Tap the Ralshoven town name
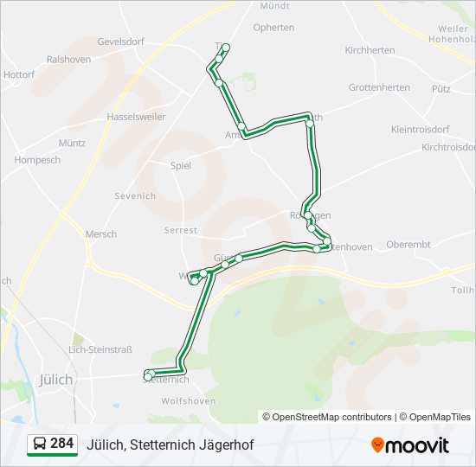point(68,60)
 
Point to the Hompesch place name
point(38,160)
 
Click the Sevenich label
point(135,196)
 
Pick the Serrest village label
point(181,230)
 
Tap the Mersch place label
point(100,234)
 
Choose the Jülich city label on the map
point(56,379)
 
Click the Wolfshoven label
point(188,400)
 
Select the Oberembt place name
point(408,245)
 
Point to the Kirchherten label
point(370,51)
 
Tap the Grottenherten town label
point(379,88)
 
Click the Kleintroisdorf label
point(420,129)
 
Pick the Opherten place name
point(273,28)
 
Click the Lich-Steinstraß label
point(100,349)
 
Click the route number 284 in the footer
point(62,444)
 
